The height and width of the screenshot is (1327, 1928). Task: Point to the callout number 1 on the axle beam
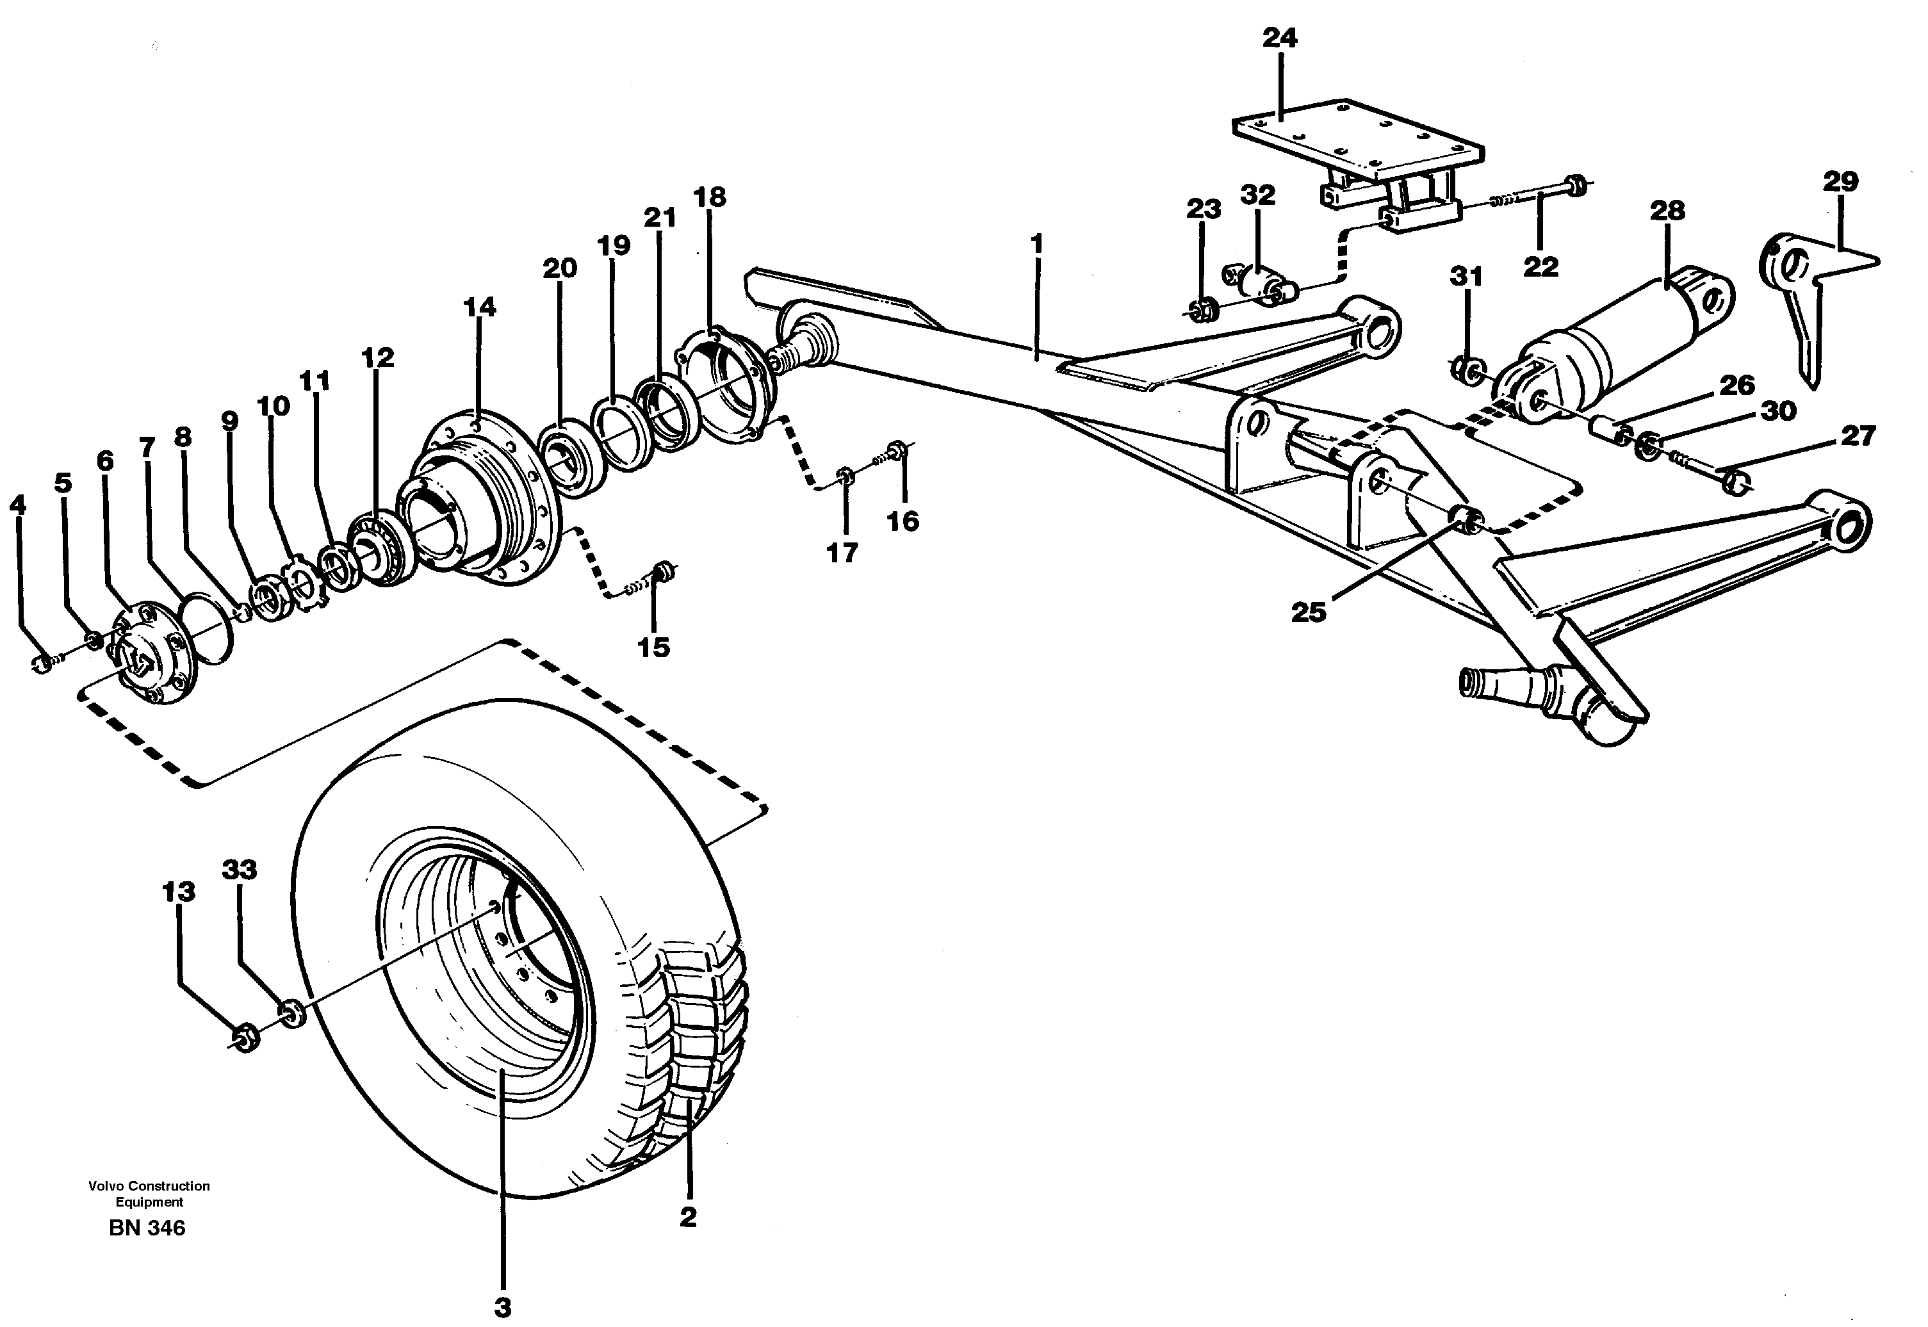pyautogui.click(x=1036, y=245)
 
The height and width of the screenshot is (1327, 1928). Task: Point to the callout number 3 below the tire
pyautogui.click(x=503, y=1307)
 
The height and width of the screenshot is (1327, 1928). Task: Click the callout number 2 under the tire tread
pyautogui.click(x=687, y=1217)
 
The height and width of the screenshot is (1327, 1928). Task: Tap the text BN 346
pyautogui.click(x=147, y=1228)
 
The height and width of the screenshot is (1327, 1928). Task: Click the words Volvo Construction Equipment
pyautogui.click(x=150, y=1193)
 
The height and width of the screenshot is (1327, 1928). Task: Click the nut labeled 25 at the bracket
pyautogui.click(x=1467, y=519)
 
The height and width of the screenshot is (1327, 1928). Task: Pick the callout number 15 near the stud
pyautogui.click(x=653, y=647)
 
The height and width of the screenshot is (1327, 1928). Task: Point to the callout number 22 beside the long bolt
pyautogui.click(x=1540, y=267)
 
